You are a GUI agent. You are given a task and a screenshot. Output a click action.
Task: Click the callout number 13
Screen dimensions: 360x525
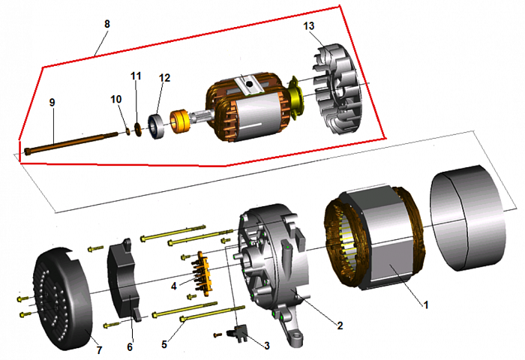pos(309,26)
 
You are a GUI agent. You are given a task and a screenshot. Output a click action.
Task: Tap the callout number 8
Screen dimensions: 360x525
pos(107,24)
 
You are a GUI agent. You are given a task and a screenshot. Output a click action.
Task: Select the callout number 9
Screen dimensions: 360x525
pos(52,102)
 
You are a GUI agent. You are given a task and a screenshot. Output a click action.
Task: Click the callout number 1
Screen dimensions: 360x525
pos(427,305)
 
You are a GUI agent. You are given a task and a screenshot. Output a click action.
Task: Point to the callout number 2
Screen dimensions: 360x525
pos(340,325)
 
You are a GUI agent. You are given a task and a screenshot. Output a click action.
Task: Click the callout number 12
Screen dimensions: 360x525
pos(164,77)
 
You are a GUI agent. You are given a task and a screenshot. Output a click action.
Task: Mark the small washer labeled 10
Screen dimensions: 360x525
pos(127,131)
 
